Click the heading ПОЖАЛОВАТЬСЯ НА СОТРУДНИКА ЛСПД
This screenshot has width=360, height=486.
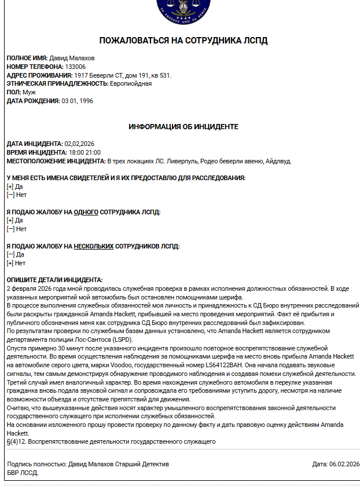click(x=183, y=41)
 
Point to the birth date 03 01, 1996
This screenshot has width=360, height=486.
click(x=77, y=101)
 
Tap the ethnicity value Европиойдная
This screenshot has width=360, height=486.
click(x=131, y=83)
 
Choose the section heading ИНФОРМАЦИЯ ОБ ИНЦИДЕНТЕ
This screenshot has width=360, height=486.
click(x=183, y=126)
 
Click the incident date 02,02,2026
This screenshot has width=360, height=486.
click(x=79, y=144)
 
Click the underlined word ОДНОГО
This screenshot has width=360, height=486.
click(x=86, y=212)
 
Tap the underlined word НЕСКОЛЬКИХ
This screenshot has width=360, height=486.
click(x=93, y=246)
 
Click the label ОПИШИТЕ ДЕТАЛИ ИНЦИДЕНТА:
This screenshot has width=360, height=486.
click(x=54, y=280)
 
